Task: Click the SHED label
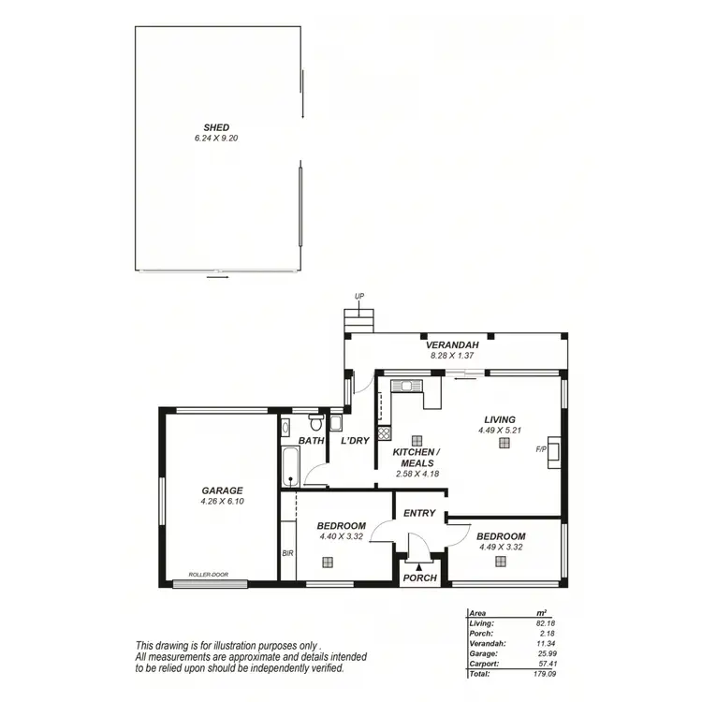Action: coord(217,127)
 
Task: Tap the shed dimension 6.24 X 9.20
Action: coord(217,138)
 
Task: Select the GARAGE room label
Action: coord(222,490)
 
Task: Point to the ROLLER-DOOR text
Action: coord(208,575)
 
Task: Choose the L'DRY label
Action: coord(355,440)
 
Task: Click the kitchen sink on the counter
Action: coord(408,384)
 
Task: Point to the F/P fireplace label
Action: coord(541,449)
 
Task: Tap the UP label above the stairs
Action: coord(358,298)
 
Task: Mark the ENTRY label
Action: coord(420,513)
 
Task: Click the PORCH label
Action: coord(420,578)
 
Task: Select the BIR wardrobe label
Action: coord(288,552)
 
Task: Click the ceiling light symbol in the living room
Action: coord(505,444)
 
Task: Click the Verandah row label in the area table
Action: coord(488,643)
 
